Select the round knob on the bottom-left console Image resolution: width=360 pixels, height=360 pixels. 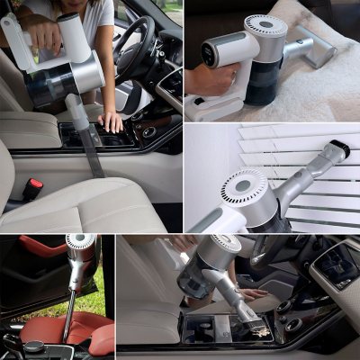click(x=33, y=346)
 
